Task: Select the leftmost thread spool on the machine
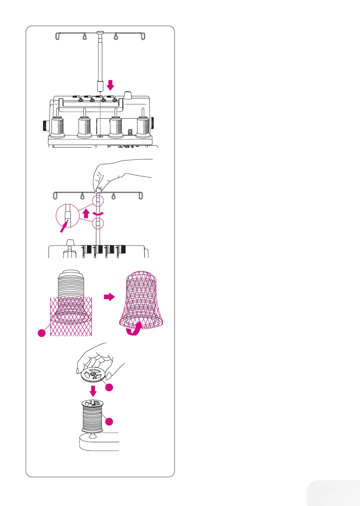point(58,127)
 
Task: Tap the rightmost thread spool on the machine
point(143,127)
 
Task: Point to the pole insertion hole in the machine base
point(100,137)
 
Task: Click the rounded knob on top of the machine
point(128,95)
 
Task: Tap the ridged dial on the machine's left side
point(45,125)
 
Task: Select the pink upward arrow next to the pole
point(87,213)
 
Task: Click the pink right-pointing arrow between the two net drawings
point(109,297)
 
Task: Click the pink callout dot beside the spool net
point(42,333)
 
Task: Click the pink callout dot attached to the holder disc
point(109,387)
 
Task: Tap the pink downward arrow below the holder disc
point(93,391)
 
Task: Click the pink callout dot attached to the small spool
point(109,421)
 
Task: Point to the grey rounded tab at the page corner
point(333,493)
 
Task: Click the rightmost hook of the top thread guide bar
point(143,36)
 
